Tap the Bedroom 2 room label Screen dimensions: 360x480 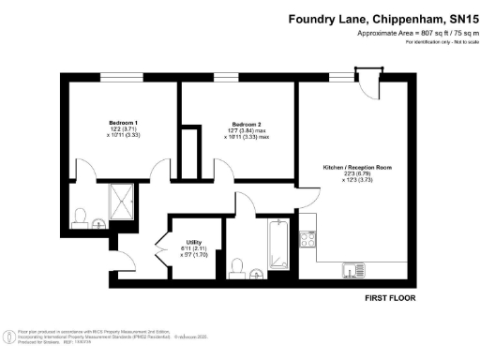(247, 124)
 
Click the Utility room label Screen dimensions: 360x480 (194, 241)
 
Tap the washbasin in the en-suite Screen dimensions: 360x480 (100, 223)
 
